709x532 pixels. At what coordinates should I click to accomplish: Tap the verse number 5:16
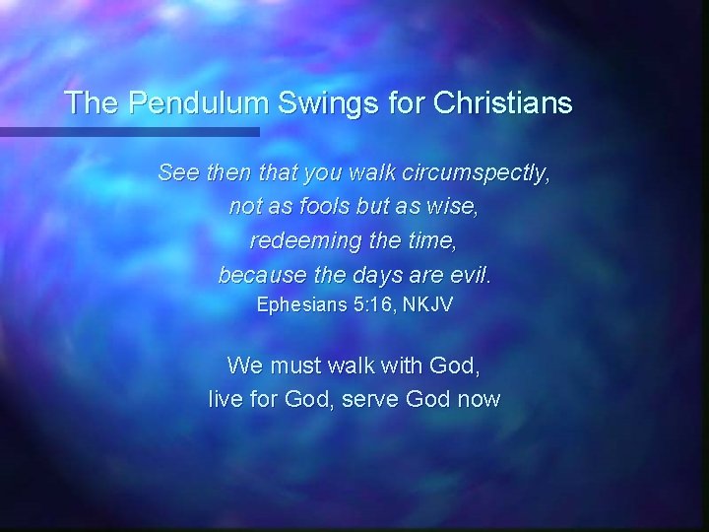pyautogui.click(x=375, y=305)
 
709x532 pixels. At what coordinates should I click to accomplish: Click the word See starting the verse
pyautogui.click(x=178, y=174)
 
